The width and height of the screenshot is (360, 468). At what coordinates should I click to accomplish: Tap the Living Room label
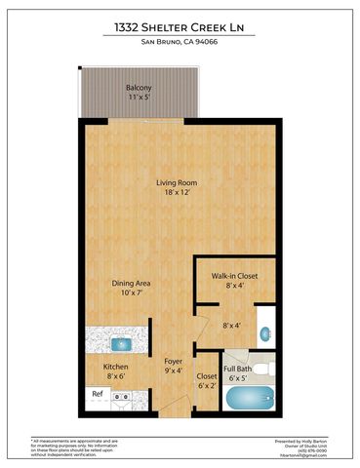179,182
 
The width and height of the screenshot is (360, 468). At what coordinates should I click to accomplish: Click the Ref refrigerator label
98,394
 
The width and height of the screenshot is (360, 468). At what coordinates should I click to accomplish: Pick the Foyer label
174,361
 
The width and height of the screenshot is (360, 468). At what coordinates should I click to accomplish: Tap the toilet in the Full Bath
270,368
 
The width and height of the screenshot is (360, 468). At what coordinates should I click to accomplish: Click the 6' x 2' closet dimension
207,385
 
